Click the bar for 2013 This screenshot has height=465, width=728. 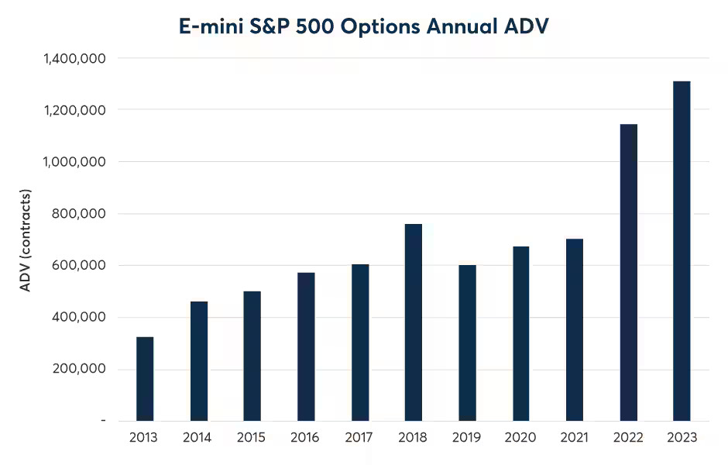145,378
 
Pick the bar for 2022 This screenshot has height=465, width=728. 628,272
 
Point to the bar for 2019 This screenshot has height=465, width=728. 467,343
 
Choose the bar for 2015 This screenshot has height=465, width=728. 252,356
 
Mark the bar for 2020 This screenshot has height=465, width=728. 520,333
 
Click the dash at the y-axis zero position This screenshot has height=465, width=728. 103,420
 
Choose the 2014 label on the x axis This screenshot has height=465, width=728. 197,438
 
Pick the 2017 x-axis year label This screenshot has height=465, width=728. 359,438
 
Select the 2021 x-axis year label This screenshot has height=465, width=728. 574,438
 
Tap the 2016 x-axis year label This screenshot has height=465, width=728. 305,438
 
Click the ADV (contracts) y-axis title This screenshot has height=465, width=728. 25,240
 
